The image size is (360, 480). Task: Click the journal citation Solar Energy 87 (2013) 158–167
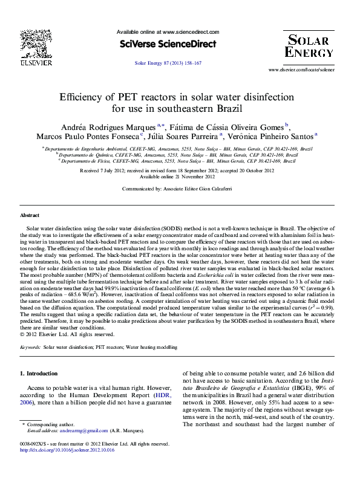(168, 63)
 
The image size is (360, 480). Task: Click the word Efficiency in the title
(81, 97)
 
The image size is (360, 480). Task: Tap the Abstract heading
(30, 215)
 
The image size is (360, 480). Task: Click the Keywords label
(30, 348)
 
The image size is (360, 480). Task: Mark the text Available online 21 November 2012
(177, 177)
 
